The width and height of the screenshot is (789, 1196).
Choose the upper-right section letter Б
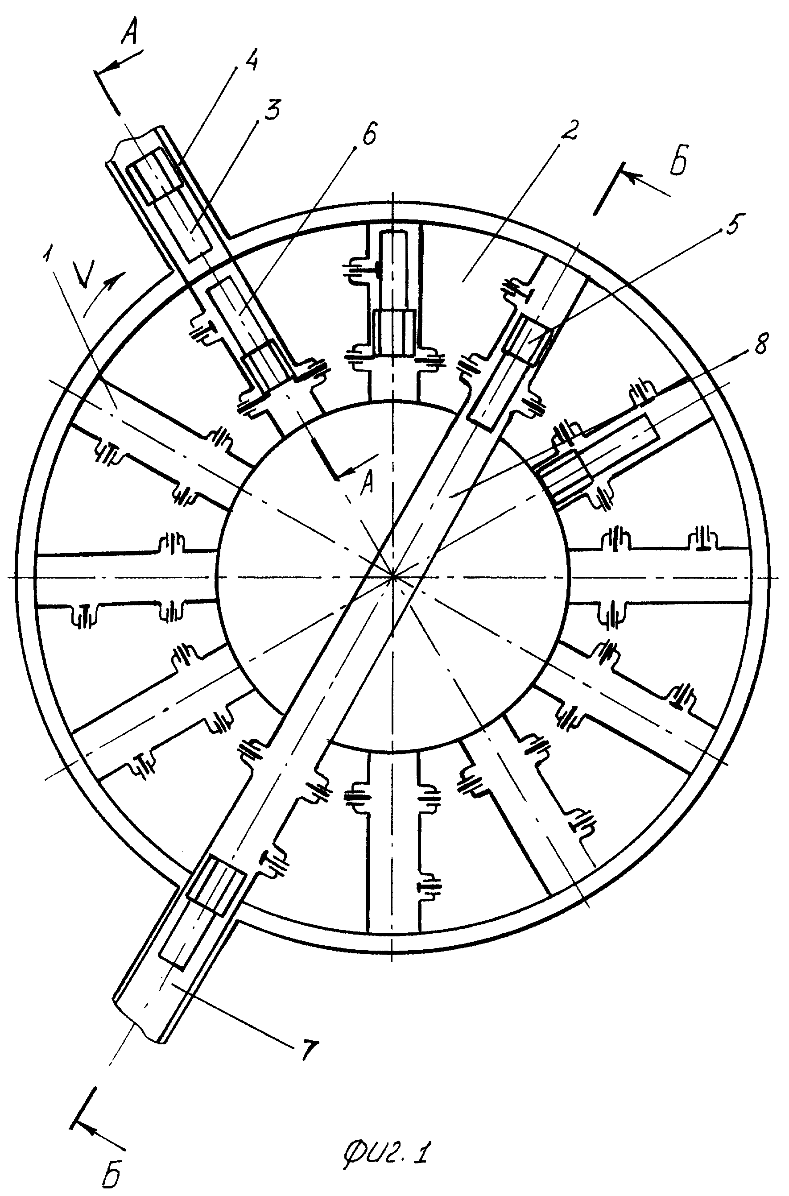[x=679, y=162]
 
